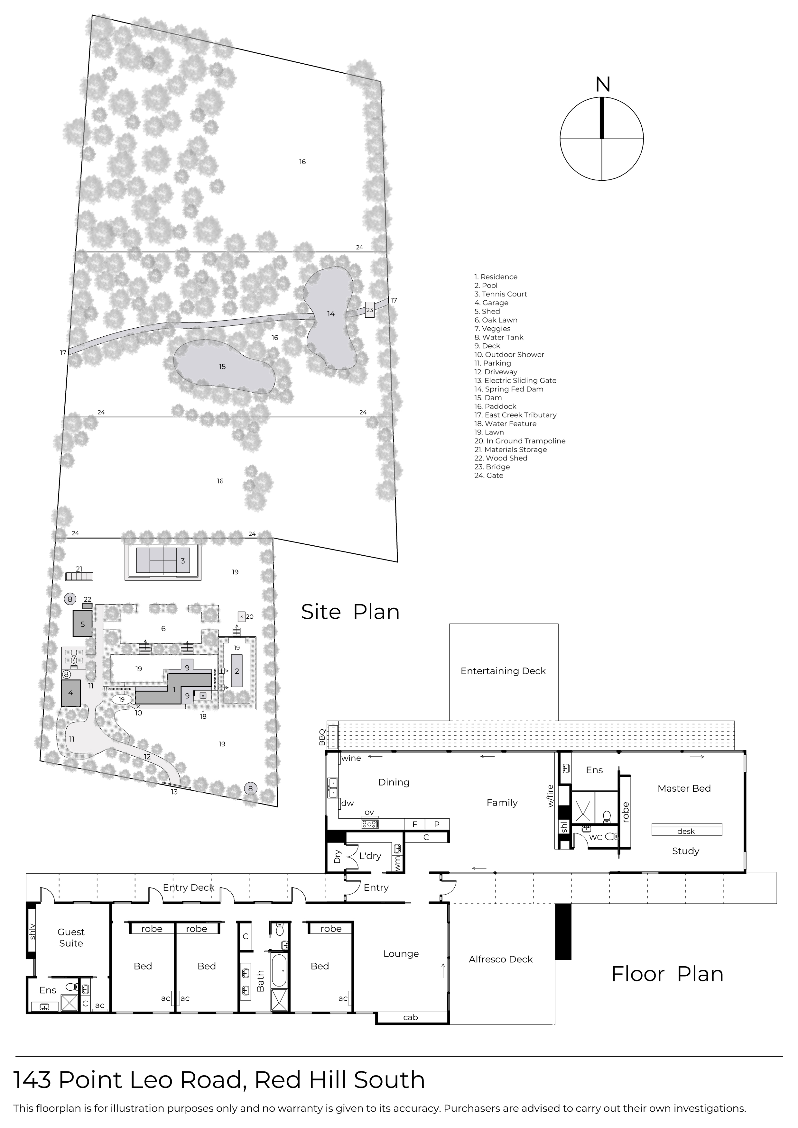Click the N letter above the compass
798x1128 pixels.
point(602,85)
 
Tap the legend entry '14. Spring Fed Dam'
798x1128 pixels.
point(509,389)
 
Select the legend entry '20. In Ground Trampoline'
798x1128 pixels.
point(520,441)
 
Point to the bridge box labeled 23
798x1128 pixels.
point(370,310)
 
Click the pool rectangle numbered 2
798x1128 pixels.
point(237,671)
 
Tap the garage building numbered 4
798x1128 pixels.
point(71,693)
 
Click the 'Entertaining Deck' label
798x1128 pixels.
point(503,671)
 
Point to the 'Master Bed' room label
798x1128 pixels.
point(684,788)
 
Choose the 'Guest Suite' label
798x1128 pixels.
point(71,937)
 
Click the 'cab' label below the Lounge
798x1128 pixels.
point(411,1017)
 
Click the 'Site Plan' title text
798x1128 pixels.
point(350,612)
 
